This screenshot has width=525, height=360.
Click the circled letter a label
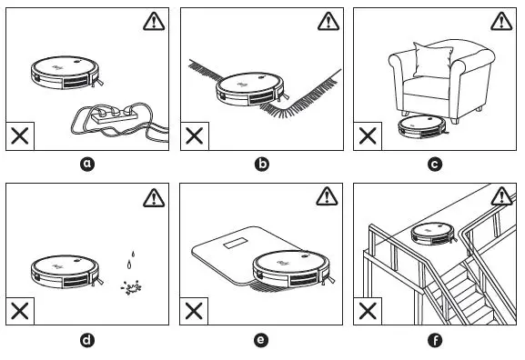[87, 165]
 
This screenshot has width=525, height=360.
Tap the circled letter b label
[262, 165]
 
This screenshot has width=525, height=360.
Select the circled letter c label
[435, 165]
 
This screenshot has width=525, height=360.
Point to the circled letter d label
[87, 341]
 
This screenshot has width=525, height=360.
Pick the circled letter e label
[262, 341]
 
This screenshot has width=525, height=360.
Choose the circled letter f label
[435, 341]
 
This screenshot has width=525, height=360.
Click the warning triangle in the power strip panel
[156, 21]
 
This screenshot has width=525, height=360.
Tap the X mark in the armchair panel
[368, 136]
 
